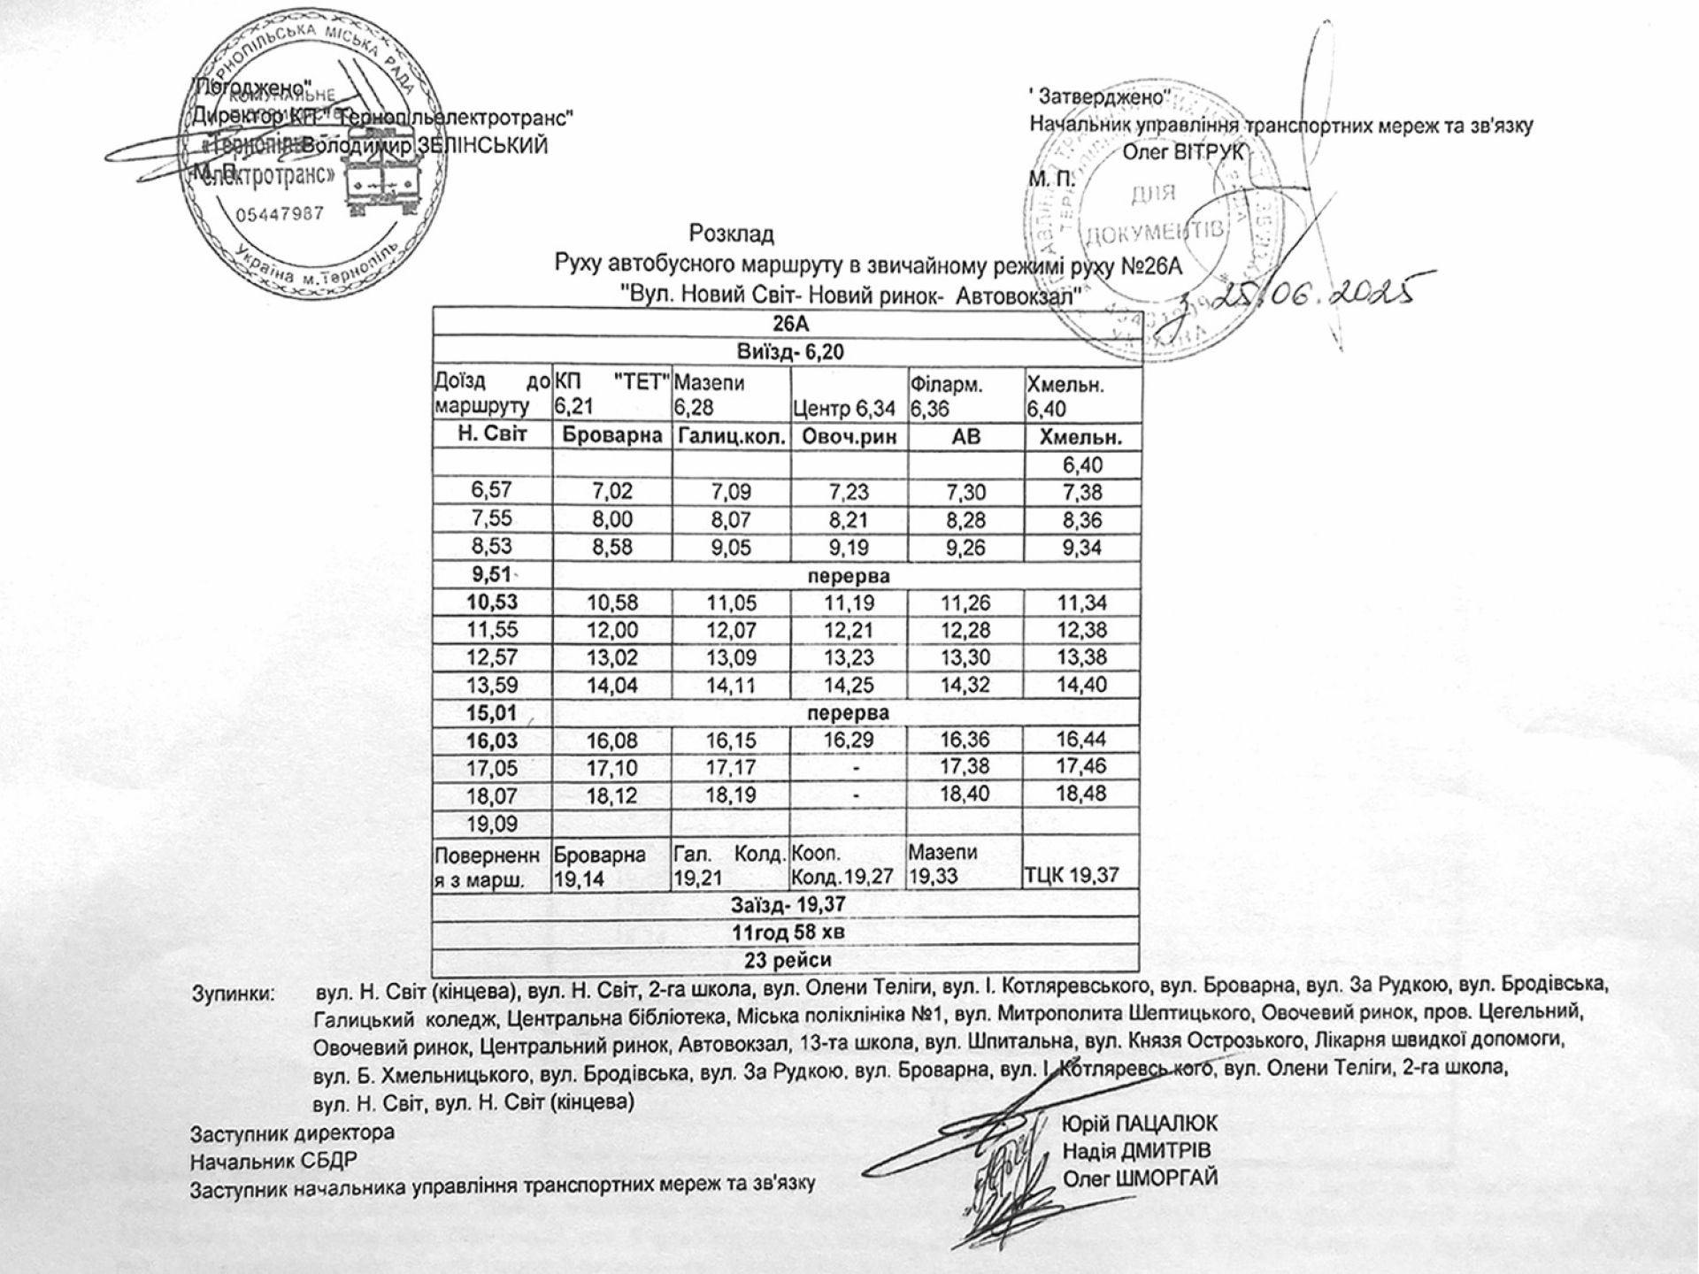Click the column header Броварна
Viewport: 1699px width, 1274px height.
coord(611,437)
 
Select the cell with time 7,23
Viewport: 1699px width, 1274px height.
coord(849,492)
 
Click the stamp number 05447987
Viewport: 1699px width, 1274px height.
coord(280,214)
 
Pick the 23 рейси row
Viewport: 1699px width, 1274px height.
coord(785,960)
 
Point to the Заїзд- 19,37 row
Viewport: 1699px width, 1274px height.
coord(785,905)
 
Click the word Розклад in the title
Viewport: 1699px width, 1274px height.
coord(732,234)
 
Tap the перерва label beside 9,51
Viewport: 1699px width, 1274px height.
coord(848,576)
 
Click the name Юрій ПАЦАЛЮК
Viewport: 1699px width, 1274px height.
coord(1140,1124)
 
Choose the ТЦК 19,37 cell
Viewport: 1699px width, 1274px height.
coord(1072,876)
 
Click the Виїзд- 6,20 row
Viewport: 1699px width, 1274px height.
coord(785,352)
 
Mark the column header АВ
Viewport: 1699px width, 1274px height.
coord(965,437)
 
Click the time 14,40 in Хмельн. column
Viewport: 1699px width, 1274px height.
coord(1080,685)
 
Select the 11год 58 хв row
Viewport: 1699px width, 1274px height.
coord(785,932)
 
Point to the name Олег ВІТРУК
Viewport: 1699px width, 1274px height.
coord(1183,152)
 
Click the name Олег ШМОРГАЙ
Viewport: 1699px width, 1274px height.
coord(1141,1178)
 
